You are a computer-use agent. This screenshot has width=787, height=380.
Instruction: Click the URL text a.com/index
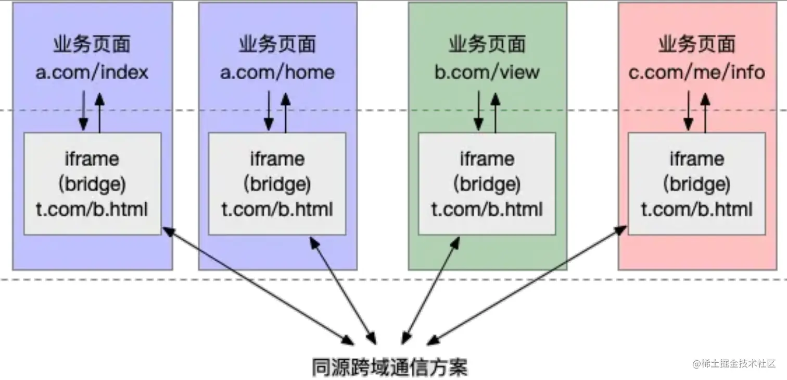(92, 72)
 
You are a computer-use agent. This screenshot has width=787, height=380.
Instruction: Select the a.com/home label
(277, 72)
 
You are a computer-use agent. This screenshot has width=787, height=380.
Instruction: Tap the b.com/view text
(487, 72)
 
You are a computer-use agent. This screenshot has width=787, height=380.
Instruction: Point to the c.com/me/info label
(696, 72)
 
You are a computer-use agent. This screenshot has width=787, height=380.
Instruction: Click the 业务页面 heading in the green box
(487, 45)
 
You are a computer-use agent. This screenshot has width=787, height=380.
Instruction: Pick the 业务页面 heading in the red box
(696, 45)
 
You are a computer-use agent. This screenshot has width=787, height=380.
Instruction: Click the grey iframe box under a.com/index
(93, 183)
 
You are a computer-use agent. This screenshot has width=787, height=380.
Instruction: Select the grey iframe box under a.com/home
(277, 183)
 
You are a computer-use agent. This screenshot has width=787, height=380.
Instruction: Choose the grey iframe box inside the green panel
(487, 183)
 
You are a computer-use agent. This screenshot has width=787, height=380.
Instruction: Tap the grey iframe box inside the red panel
(696, 183)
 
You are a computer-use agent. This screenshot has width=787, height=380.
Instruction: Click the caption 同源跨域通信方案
(390, 366)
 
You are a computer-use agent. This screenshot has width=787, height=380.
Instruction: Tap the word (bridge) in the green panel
(487, 184)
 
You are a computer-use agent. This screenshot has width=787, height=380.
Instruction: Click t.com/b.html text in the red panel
(696, 209)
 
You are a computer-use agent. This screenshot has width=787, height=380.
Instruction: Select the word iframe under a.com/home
(277, 158)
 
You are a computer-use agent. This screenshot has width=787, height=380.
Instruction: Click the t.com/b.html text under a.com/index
(92, 209)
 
